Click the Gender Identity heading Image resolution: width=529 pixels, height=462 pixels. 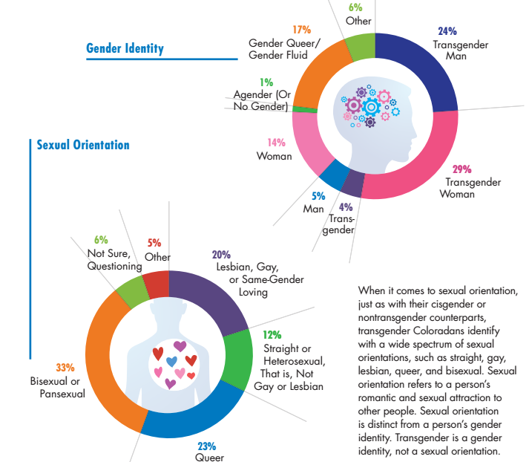coord(125,49)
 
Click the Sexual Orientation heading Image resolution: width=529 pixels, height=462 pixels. coord(83,145)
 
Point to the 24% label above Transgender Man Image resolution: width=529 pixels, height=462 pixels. coord(447,31)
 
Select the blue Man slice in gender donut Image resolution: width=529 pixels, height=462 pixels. coord(333,175)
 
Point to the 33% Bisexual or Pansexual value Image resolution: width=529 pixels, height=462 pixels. coord(65,368)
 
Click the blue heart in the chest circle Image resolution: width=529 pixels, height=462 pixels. coord(172,362)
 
